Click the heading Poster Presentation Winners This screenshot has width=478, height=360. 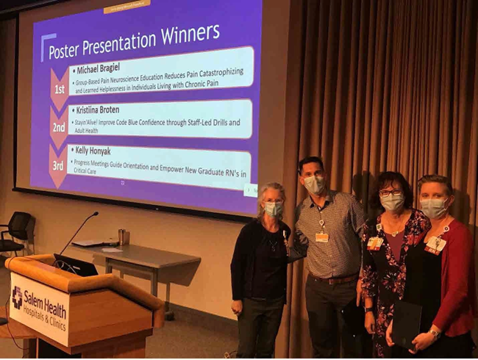pos(134,42)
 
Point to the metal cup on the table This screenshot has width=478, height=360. pos(121,237)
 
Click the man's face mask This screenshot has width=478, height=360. pos(314,184)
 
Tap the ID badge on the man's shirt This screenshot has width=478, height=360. pos(321,237)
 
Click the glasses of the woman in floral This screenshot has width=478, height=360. pos(390,192)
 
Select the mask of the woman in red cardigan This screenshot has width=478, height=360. pos(433,208)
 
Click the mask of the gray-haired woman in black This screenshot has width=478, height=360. pos(274,209)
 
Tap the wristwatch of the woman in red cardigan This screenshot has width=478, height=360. pos(435,335)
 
